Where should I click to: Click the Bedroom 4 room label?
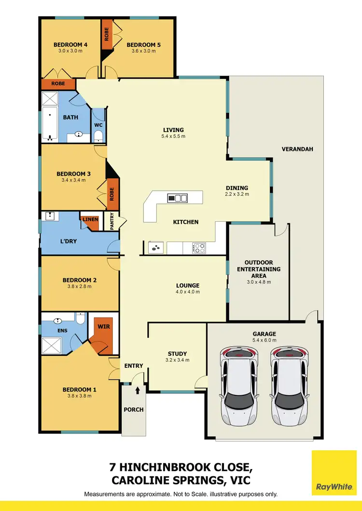coord(70,45)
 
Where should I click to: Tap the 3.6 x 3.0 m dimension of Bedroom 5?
coord(143,52)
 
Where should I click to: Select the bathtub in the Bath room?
coord(50,125)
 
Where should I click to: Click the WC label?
coord(98,125)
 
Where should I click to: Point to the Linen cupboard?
coord(90,219)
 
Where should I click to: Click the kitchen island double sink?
coord(177,198)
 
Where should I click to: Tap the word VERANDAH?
coord(297,149)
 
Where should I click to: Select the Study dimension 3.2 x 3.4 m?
coord(177,360)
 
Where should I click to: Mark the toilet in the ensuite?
coord(81,319)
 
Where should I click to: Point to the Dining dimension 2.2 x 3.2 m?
coord(237,195)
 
